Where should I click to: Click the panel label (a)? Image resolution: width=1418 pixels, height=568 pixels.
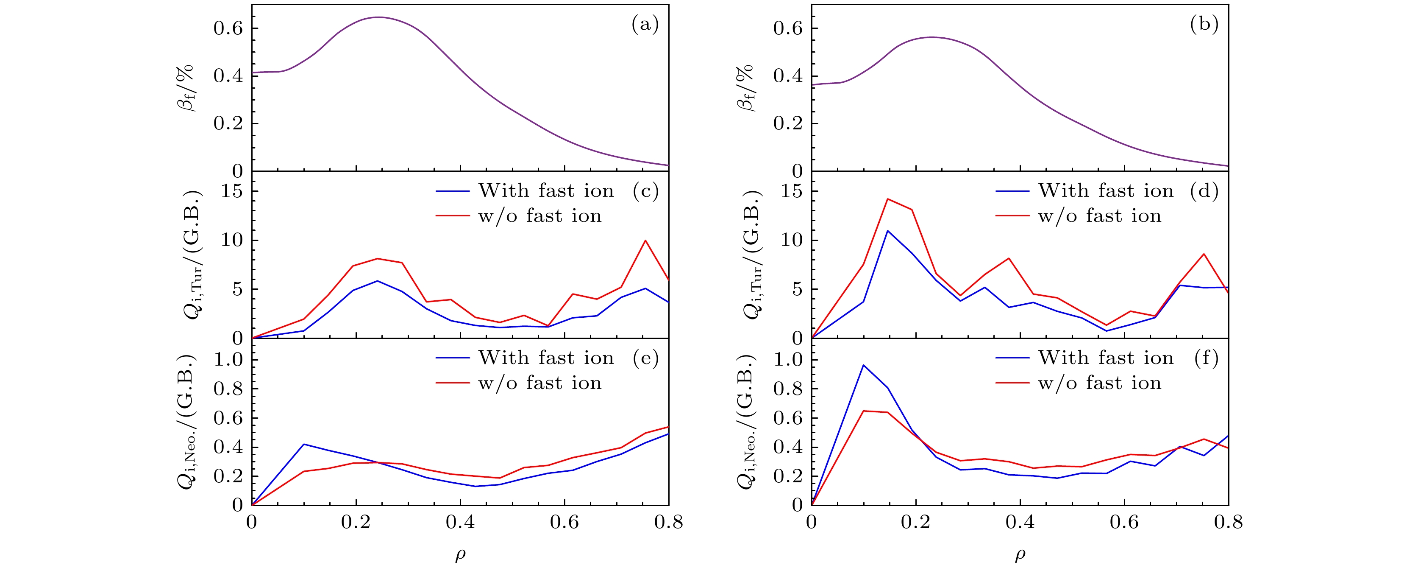tap(645, 25)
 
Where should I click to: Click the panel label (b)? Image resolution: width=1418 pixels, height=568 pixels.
tap(1204, 25)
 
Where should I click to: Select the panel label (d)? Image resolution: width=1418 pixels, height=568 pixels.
tap(1204, 191)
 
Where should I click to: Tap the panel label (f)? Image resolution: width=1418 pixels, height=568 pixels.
tap(1206, 358)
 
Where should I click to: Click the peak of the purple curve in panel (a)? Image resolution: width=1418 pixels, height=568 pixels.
tap(379, 17)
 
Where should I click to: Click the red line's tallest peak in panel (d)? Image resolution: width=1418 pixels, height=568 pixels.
tap(887, 199)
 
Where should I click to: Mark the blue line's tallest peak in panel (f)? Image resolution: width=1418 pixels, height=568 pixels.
tap(863, 365)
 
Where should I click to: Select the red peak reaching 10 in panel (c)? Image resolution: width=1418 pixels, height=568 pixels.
tap(645, 241)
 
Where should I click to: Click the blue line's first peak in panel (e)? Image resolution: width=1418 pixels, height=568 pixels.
tap(304, 444)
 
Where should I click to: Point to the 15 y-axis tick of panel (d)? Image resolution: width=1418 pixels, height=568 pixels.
tap(791, 192)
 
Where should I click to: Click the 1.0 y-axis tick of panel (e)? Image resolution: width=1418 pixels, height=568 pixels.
tap(228, 360)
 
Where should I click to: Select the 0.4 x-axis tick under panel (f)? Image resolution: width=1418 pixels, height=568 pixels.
tap(1020, 522)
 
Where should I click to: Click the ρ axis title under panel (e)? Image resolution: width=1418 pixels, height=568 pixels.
tap(460, 555)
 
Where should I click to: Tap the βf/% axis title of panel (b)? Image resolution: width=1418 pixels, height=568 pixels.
tap(744, 88)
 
